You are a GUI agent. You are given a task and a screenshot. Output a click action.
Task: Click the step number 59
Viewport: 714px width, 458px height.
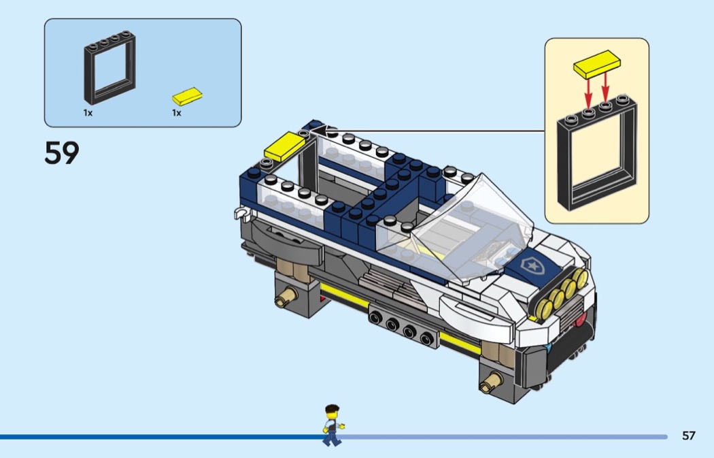click(62, 152)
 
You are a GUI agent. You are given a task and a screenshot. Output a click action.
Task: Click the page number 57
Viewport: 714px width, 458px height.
click(688, 436)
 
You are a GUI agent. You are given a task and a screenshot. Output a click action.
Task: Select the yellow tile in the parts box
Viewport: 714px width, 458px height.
click(187, 97)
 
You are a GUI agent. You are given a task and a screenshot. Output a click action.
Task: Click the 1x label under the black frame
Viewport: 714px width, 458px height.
click(88, 112)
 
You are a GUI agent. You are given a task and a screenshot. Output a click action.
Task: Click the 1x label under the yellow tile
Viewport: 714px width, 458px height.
click(177, 112)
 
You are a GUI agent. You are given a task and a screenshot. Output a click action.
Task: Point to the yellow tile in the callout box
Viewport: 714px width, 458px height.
click(597, 64)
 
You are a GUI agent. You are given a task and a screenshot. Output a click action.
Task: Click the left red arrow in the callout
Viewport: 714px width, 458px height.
click(588, 91)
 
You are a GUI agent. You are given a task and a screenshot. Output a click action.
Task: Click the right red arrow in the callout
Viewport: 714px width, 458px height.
click(605, 88)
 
